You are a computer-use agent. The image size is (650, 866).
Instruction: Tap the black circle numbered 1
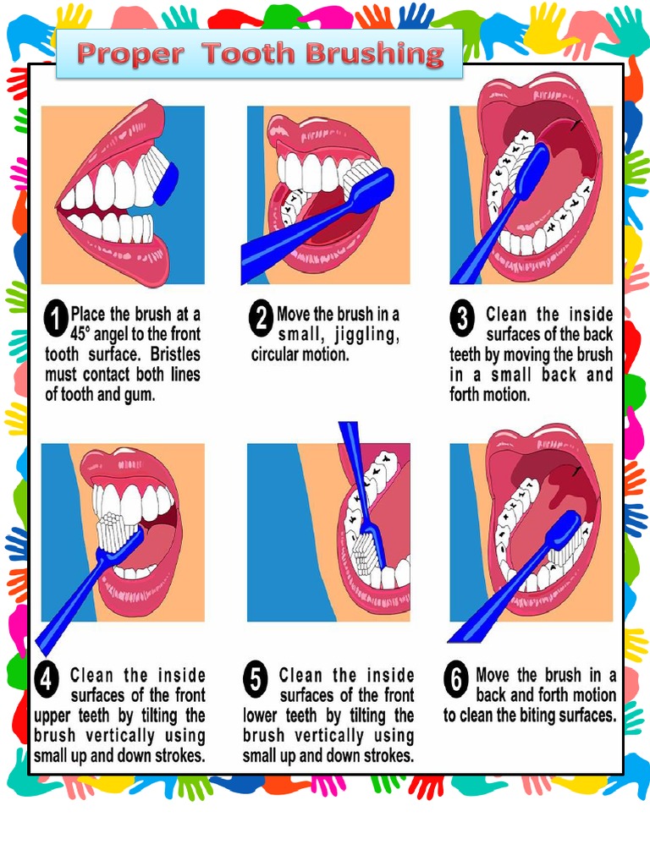(x=56, y=321)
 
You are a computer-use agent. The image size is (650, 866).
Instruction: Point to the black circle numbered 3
(x=461, y=321)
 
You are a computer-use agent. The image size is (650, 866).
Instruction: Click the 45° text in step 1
(x=86, y=333)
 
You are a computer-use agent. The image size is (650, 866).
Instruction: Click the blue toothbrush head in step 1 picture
(x=168, y=181)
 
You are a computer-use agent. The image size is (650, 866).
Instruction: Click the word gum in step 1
(x=140, y=394)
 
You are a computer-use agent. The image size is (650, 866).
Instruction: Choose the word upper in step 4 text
(x=52, y=715)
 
